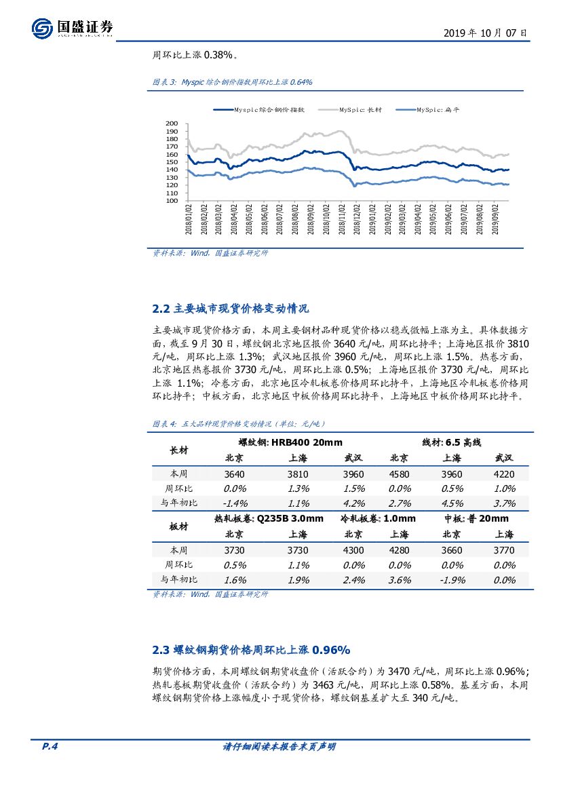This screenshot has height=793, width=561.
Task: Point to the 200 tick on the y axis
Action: (172, 124)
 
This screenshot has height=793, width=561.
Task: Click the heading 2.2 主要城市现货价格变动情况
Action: (231, 309)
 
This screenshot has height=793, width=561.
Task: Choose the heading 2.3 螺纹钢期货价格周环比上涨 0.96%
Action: (252, 650)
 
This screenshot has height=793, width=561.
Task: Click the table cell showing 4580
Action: (400, 474)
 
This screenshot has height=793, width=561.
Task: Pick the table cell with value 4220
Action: (505, 474)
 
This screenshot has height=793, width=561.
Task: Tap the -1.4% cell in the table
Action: (235, 503)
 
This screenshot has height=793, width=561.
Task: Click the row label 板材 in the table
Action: (179, 526)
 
